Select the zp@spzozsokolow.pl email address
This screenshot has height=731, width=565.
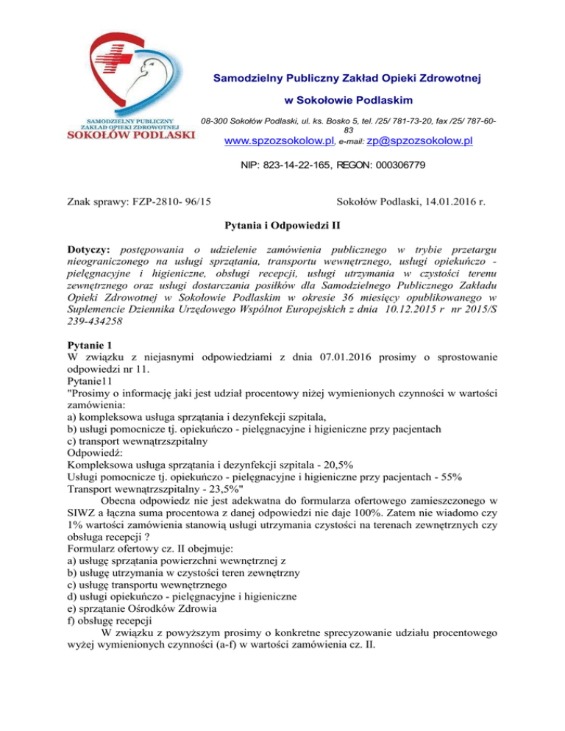pos(419,141)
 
